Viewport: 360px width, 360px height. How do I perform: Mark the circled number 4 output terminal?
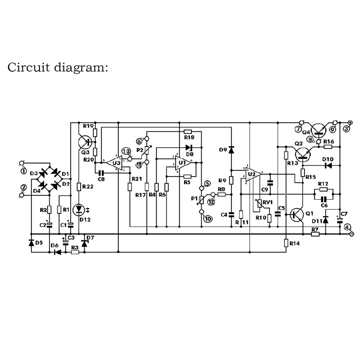click(x=347, y=227)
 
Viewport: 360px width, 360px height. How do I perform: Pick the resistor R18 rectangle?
click(x=188, y=132)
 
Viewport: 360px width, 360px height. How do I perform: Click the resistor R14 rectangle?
click(x=286, y=243)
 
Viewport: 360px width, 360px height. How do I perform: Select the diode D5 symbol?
click(x=31, y=243)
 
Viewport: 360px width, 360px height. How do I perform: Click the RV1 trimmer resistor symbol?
click(x=257, y=204)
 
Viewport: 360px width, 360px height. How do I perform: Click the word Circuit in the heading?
click(x=29, y=67)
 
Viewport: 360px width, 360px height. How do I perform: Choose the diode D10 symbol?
click(x=328, y=166)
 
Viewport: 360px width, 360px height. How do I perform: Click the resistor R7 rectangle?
click(x=315, y=234)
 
